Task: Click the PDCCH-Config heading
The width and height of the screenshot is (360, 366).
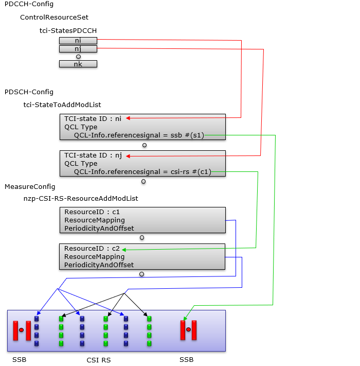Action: click(29, 4)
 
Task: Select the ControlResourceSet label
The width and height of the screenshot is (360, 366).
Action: click(54, 18)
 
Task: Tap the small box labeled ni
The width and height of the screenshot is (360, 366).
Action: click(78, 41)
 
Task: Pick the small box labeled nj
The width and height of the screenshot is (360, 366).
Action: click(78, 49)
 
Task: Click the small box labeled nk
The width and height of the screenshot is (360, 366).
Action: click(78, 64)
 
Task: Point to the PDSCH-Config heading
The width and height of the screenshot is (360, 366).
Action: click(29, 92)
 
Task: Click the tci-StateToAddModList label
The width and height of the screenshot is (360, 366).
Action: click(62, 105)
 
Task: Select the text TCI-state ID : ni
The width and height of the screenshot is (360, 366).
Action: click(93, 118)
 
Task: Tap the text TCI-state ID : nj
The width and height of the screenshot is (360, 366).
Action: click(93, 155)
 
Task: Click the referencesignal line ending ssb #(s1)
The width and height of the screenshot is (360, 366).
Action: click(139, 135)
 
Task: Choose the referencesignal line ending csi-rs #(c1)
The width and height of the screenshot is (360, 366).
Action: click(142, 172)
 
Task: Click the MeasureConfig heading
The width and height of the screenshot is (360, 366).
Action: click(30, 187)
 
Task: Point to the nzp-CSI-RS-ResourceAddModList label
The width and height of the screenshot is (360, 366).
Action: click(81, 198)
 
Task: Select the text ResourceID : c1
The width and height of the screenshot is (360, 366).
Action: click(92, 212)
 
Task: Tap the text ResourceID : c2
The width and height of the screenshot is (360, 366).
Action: click(92, 248)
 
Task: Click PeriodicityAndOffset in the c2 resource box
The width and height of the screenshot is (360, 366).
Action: click(99, 265)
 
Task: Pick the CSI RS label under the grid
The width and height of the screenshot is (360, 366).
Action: click(99, 360)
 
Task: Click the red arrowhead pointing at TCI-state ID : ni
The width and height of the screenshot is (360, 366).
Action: click(128, 118)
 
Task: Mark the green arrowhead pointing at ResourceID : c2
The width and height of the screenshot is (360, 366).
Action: click(124, 250)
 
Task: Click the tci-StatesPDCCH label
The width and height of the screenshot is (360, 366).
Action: click(68, 30)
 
